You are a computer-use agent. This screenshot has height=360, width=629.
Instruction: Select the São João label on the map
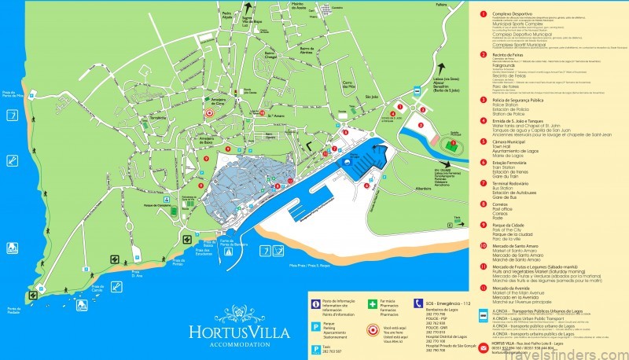372,97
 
